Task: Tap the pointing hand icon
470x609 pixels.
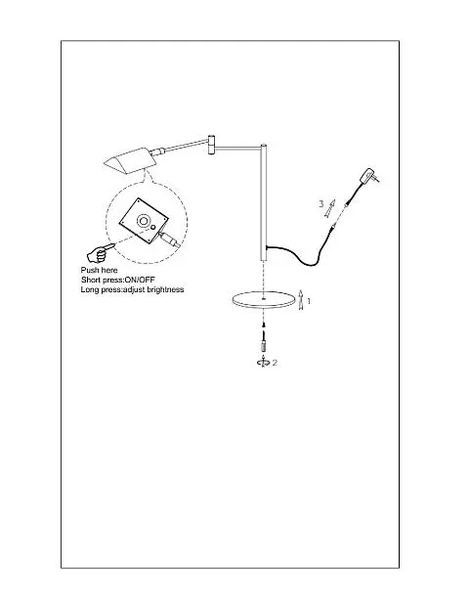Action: pyautogui.click(x=100, y=252)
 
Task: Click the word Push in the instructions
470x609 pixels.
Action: pyautogui.click(x=89, y=271)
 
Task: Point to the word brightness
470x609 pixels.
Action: pyautogui.click(x=165, y=289)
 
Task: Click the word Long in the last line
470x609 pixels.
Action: pyautogui.click(x=89, y=290)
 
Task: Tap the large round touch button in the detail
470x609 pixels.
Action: pyautogui.click(x=143, y=221)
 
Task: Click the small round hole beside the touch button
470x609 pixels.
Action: pyautogui.click(x=153, y=228)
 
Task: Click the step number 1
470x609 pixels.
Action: pyautogui.click(x=309, y=301)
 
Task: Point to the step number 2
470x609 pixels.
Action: pyautogui.click(x=275, y=363)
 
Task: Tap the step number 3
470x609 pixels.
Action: pyautogui.click(x=320, y=203)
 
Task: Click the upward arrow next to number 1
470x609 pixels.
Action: pyautogui.click(x=301, y=300)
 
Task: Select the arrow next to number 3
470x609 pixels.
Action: pyautogui.click(x=330, y=208)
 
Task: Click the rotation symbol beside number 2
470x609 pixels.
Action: pyautogui.click(x=264, y=362)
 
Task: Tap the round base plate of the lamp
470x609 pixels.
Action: pyautogui.click(x=263, y=300)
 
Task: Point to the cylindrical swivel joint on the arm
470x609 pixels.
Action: pyautogui.click(x=211, y=145)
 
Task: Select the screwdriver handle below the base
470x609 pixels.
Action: pyautogui.click(x=264, y=344)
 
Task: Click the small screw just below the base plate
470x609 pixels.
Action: pyautogui.click(x=264, y=325)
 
